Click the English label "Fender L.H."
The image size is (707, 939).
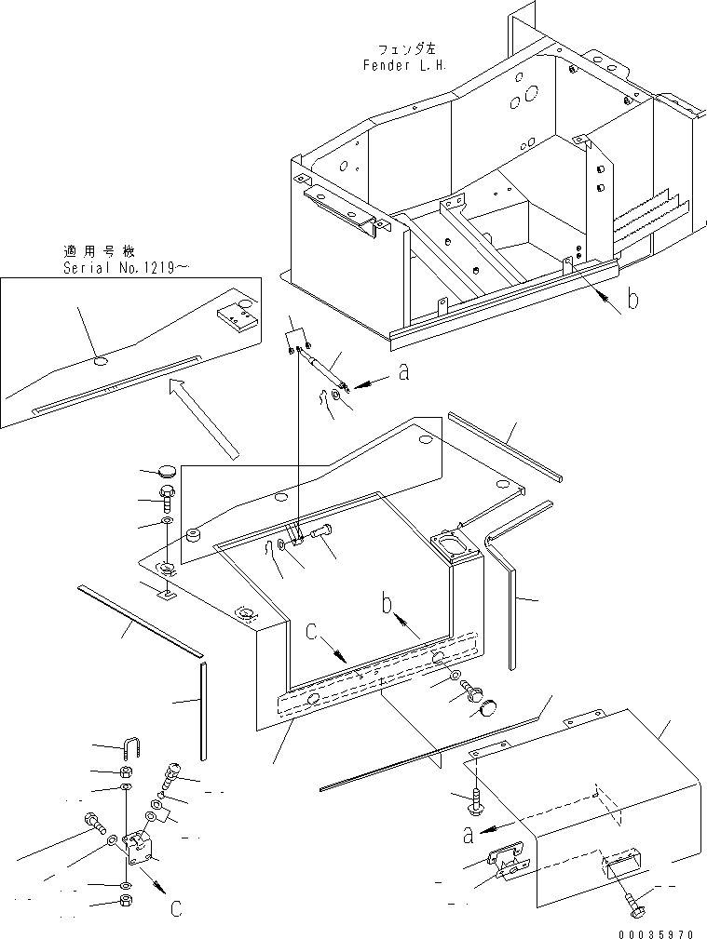(x=405, y=66)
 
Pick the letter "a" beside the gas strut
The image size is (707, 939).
(x=402, y=373)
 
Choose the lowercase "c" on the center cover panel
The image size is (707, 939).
(x=313, y=631)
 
